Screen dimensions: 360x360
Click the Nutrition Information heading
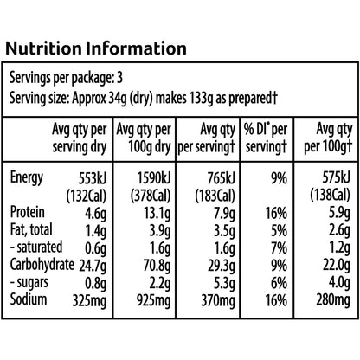pos(96,48)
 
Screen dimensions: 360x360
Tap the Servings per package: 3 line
pos(66,78)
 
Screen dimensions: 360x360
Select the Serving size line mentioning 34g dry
pos(144,99)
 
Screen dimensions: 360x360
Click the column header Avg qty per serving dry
pos(80,138)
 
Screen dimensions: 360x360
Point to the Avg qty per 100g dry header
pos(144,138)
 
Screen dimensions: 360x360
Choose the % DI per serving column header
pos(266,138)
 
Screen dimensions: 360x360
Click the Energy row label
pos(27,177)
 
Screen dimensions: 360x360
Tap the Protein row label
pos(28,212)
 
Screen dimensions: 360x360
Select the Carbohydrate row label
pos(42,265)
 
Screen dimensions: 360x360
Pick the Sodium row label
pos(29,299)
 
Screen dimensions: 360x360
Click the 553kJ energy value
pos(93,179)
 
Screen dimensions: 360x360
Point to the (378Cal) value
pos(151,196)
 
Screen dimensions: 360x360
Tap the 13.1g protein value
pos(157,214)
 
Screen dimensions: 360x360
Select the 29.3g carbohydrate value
pos(222,266)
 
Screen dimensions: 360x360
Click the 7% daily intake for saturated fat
pos(279,248)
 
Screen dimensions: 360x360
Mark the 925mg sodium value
pos(153,301)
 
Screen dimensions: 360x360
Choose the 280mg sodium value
pos(333,300)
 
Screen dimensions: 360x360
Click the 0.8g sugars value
pos(95,284)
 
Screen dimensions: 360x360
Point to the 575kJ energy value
pos(336,177)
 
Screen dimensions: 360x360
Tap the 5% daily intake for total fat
pos(279,231)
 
